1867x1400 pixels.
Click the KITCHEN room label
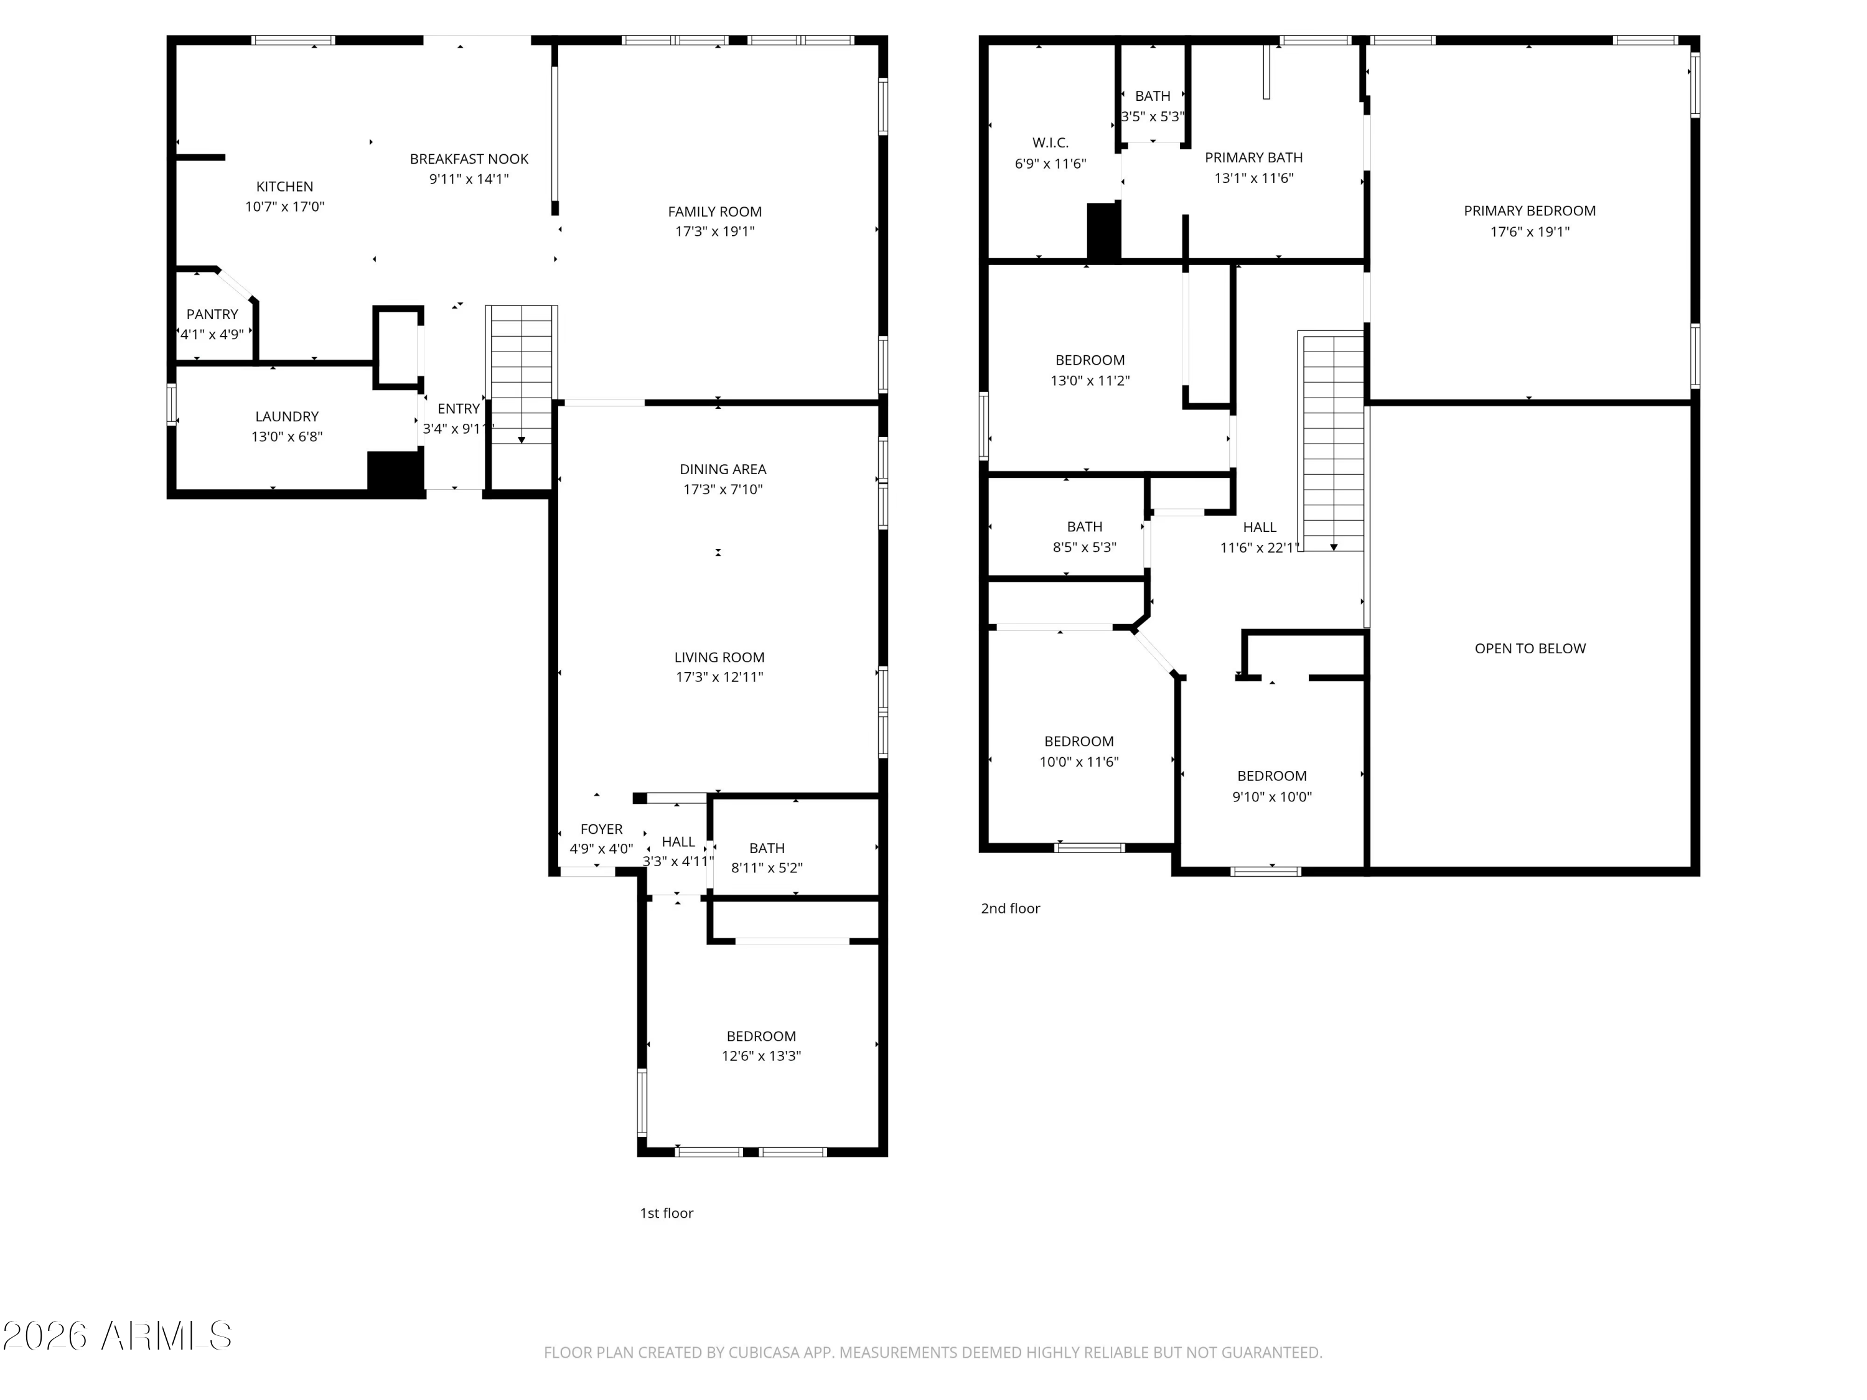(x=284, y=187)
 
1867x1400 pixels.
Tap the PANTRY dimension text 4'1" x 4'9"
(x=212, y=334)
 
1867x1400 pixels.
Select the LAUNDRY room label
(x=287, y=416)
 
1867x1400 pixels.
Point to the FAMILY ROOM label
(x=714, y=212)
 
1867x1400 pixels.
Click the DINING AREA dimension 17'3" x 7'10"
(x=723, y=490)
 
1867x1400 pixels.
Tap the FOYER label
(x=601, y=829)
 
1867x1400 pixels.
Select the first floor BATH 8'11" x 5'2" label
(x=766, y=848)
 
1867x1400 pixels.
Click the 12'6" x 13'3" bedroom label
(x=760, y=1036)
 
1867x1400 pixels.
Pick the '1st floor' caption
(x=666, y=1213)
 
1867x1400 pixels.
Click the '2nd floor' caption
(x=1009, y=908)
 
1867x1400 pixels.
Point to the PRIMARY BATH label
(x=1253, y=158)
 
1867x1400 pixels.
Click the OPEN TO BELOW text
(x=1530, y=648)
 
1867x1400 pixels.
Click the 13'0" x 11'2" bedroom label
(x=1090, y=360)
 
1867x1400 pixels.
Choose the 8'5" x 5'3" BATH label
(x=1083, y=526)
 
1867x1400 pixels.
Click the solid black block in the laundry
(x=394, y=471)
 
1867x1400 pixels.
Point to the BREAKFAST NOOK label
(x=469, y=159)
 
